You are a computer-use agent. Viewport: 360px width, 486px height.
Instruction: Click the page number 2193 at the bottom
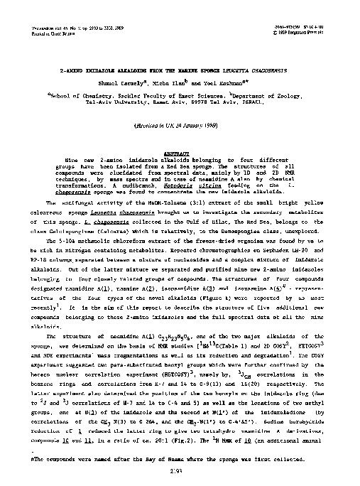click(180, 472)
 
